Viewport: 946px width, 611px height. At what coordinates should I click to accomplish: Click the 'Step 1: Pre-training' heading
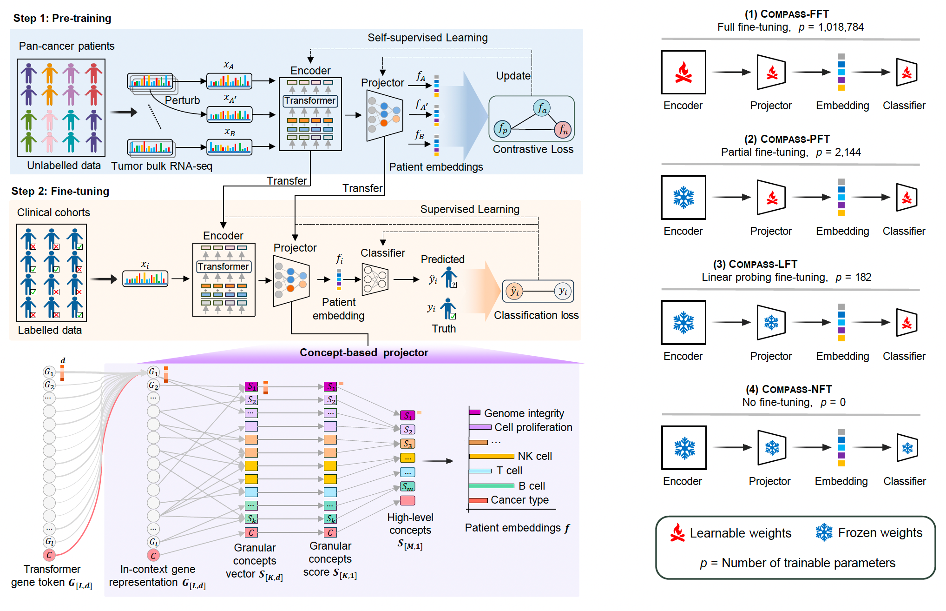click(x=62, y=18)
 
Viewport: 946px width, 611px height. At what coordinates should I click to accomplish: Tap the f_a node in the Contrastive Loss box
click(x=542, y=108)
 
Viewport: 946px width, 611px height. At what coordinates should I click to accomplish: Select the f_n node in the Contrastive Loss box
click(x=563, y=130)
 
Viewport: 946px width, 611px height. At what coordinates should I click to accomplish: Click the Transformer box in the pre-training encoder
click(x=310, y=100)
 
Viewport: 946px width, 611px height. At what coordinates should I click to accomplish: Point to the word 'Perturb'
click(x=182, y=100)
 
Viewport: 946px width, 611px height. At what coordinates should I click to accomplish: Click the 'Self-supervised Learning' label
click(x=427, y=38)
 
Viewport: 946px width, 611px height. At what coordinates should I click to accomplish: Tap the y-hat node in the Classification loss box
click(x=514, y=292)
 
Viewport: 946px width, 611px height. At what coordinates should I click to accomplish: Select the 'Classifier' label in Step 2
click(x=383, y=253)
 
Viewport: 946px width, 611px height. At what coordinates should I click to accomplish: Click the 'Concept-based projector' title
click(x=364, y=352)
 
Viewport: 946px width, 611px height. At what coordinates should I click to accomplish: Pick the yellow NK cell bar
click(x=492, y=456)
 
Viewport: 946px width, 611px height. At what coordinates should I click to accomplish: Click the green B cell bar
click(x=492, y=486)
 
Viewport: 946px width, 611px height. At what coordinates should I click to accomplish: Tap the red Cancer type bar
click(x=478, y=500)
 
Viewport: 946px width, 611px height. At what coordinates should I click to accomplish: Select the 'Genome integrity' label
click(x=524, y=413)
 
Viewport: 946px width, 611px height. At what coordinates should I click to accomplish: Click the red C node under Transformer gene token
click(x=49, y=555)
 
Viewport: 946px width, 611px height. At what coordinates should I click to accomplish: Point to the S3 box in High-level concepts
click(x=407, y=444)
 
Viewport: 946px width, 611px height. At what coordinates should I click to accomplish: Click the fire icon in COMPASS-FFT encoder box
click(x=683, y=73)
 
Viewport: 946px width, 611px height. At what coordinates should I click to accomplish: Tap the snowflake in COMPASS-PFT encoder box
click(x=683, y=198)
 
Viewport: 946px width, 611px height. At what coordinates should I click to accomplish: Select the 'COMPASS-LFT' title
click(x=755, y=264)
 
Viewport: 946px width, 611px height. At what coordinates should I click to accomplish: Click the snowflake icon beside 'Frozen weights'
click(x=824, y=532)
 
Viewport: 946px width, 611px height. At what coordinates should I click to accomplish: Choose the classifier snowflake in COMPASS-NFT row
click(x=907, y=448)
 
